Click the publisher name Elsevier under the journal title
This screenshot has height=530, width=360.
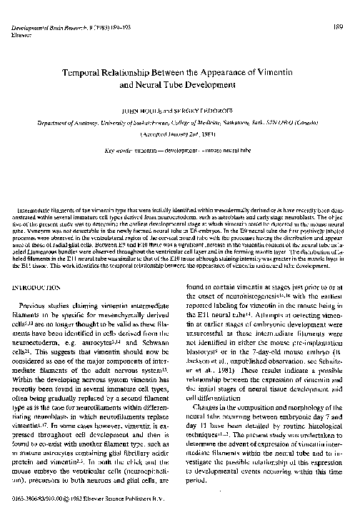[x=24, y=14]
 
